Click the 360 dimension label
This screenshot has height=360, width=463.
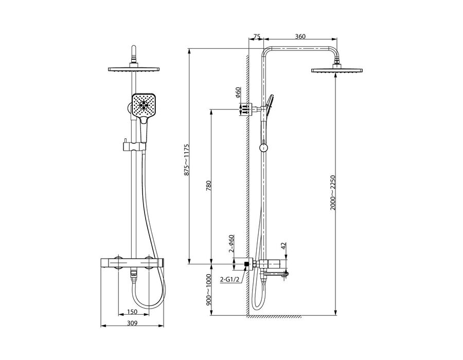[x=300, y=37]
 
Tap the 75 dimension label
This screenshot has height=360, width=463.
[x=257, y=37]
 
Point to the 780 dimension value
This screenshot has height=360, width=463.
[x=208, y=186]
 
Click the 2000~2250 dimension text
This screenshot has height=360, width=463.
[x=333, y=193]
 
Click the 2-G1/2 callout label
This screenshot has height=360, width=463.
[x=229, y=279]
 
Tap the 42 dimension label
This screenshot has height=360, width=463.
[x=283, y=246]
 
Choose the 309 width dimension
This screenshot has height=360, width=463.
[x=132, y=323]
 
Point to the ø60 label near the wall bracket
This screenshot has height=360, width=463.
[x=238, y=93]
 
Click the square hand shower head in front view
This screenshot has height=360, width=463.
[x=144, y=105]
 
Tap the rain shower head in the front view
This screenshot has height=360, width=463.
[x=134, y=69]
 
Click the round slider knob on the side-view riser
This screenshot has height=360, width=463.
[x=263, y=148]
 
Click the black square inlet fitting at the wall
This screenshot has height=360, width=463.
[x=246, y=264]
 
